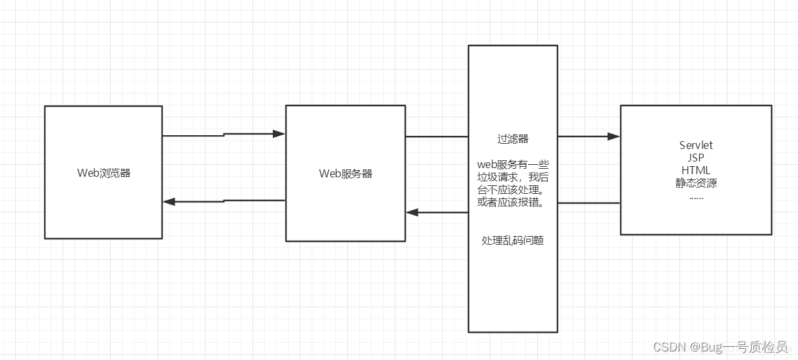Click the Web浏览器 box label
coord(103,173)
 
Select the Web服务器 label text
coord(345,173)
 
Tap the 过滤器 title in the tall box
coord(513,139)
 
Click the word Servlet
coord(696,145)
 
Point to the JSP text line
coord(696,158)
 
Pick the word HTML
coord(696,170)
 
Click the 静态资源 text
coord(696,183)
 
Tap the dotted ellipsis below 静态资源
coord(696,196)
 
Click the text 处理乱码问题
coord(513,241)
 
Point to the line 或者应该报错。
coord(513,202)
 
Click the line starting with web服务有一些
coord(513,164)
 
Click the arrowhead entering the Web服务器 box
coord(279,134)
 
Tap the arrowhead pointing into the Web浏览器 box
coord(169,202)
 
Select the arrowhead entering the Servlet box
coord(614,136)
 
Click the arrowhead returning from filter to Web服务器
coord(412,212)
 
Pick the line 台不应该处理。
coord(513,189)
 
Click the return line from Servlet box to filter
coord(589,203)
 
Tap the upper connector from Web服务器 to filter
coord(436,136)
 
